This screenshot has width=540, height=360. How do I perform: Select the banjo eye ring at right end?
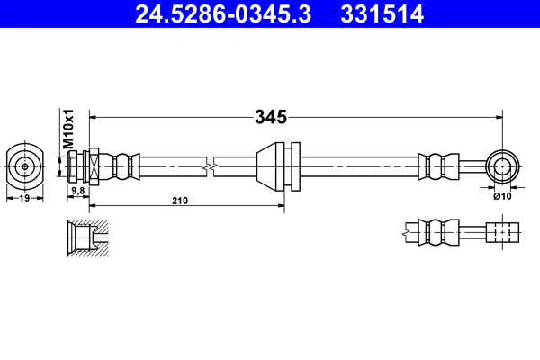(x=501, y=166)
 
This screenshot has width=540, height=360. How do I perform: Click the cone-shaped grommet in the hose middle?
(x=271, y=166)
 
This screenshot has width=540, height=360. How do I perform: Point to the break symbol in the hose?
(x=210, y=166)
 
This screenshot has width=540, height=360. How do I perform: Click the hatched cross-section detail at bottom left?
(x=87, y=237)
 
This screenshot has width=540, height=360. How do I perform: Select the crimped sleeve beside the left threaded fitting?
(x=124, y=166)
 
